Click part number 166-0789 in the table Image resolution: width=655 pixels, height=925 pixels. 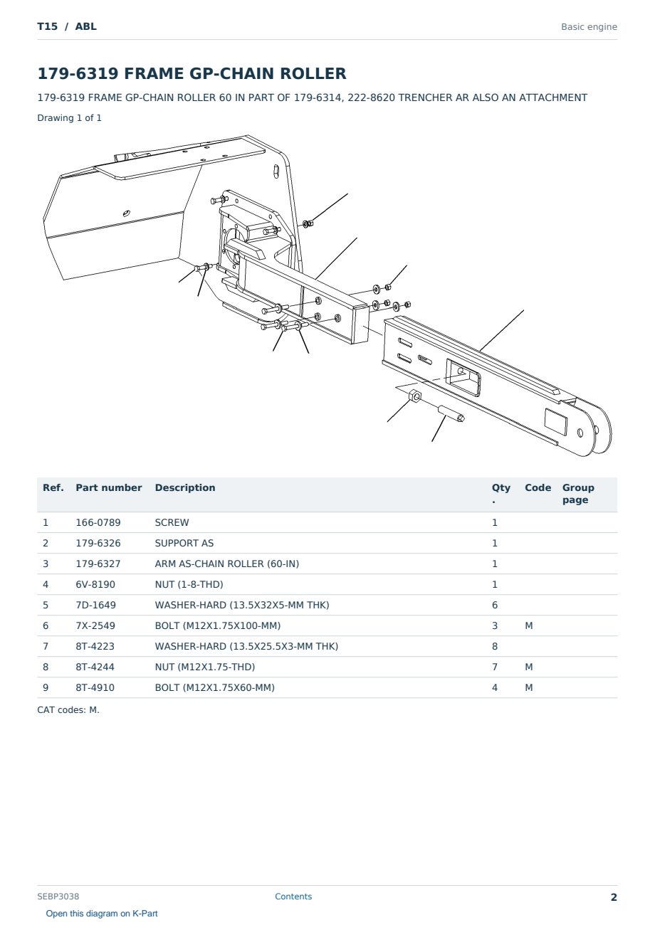[x=98, y=522]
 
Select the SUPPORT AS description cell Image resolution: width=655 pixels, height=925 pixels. [x=184, y=543]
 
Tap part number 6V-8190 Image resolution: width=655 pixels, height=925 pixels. [x=95, y=584]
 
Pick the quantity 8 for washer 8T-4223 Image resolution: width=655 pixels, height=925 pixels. [x=495, y=646]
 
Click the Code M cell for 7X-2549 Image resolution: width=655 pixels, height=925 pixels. [x=528, y=625]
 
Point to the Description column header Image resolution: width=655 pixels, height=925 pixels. [x=184, y=487]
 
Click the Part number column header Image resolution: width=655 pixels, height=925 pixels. [x=109, y=487]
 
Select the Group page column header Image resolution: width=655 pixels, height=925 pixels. [x=578, y=494]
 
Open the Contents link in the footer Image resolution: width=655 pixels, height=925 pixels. [x=293, y=896]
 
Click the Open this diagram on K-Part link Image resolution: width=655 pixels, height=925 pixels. [x=102, y=913]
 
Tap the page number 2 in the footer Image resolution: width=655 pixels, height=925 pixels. [x=614, y=897]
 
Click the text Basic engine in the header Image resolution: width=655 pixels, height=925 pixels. [x=589, y=27]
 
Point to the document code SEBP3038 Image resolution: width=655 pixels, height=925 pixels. [x=58, y=896]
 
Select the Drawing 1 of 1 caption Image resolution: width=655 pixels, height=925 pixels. [x=69, y=117]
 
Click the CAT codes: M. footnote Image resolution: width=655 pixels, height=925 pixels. [x=68, y=710]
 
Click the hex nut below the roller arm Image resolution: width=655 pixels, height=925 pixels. [x=415, y=396]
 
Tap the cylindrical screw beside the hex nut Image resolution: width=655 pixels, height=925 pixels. [x=451, y=414]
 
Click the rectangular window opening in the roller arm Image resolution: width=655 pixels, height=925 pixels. [x=463, y=376]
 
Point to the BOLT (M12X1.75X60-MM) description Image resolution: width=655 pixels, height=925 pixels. [x=214, y=687]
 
